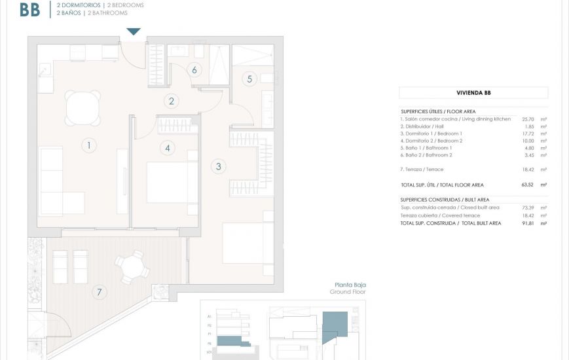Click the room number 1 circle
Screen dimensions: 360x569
[x=88, y=145]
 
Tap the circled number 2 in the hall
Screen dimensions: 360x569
[x=172, y=101]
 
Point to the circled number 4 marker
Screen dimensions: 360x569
[x=168, y=148]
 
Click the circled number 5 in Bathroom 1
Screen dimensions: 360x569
[x=249, y=79]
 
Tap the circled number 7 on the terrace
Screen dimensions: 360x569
[x=100, y=292]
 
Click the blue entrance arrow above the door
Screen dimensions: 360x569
[x=134, y=31]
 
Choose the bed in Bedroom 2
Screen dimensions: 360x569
[x=172, y=182]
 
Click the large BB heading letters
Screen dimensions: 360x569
[x=30, y=9]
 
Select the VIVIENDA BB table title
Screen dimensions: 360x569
[x=473, y=93]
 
